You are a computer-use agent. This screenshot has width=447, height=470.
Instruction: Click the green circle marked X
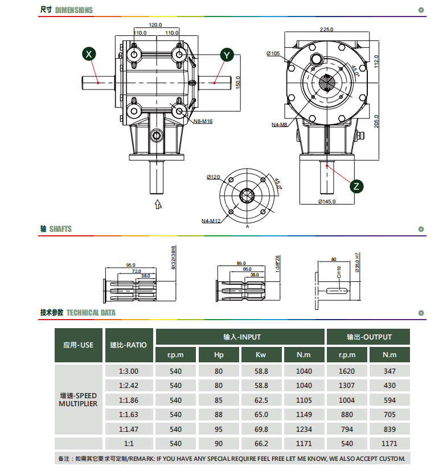pos(89,54)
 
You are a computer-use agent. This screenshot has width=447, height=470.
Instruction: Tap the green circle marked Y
pos(227,55)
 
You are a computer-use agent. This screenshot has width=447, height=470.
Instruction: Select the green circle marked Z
pos(356,186)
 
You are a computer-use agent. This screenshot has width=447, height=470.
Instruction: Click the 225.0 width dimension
pos(326,30)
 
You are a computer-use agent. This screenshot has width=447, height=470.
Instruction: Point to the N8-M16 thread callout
pos(203,121)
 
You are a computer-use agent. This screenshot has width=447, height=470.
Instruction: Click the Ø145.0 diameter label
pos(327,202)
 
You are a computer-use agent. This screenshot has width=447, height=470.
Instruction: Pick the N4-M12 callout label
pos(211,221)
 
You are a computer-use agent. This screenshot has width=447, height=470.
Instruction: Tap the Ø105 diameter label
pos(273,54)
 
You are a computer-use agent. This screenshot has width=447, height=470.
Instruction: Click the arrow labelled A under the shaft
pos(158,204)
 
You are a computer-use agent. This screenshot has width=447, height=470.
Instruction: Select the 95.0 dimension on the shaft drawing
pos(130,265)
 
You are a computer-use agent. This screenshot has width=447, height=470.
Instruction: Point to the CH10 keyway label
pos(339,272)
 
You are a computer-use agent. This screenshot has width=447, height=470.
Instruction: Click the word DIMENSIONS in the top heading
pos(74,10)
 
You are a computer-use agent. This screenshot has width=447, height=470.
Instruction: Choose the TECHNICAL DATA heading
pos(91,313)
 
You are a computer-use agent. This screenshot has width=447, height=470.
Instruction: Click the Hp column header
pos(219,354)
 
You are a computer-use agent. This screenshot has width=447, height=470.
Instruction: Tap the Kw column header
pos(261,354)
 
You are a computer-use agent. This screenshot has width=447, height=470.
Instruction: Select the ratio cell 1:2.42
pos(129,386)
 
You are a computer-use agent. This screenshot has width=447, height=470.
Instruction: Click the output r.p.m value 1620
pos(347,371)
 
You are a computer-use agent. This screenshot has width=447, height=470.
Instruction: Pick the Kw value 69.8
pos(261,429)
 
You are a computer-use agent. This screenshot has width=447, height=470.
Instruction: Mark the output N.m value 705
pos(389,415)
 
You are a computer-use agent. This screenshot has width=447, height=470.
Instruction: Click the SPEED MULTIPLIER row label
pos(78,399)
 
